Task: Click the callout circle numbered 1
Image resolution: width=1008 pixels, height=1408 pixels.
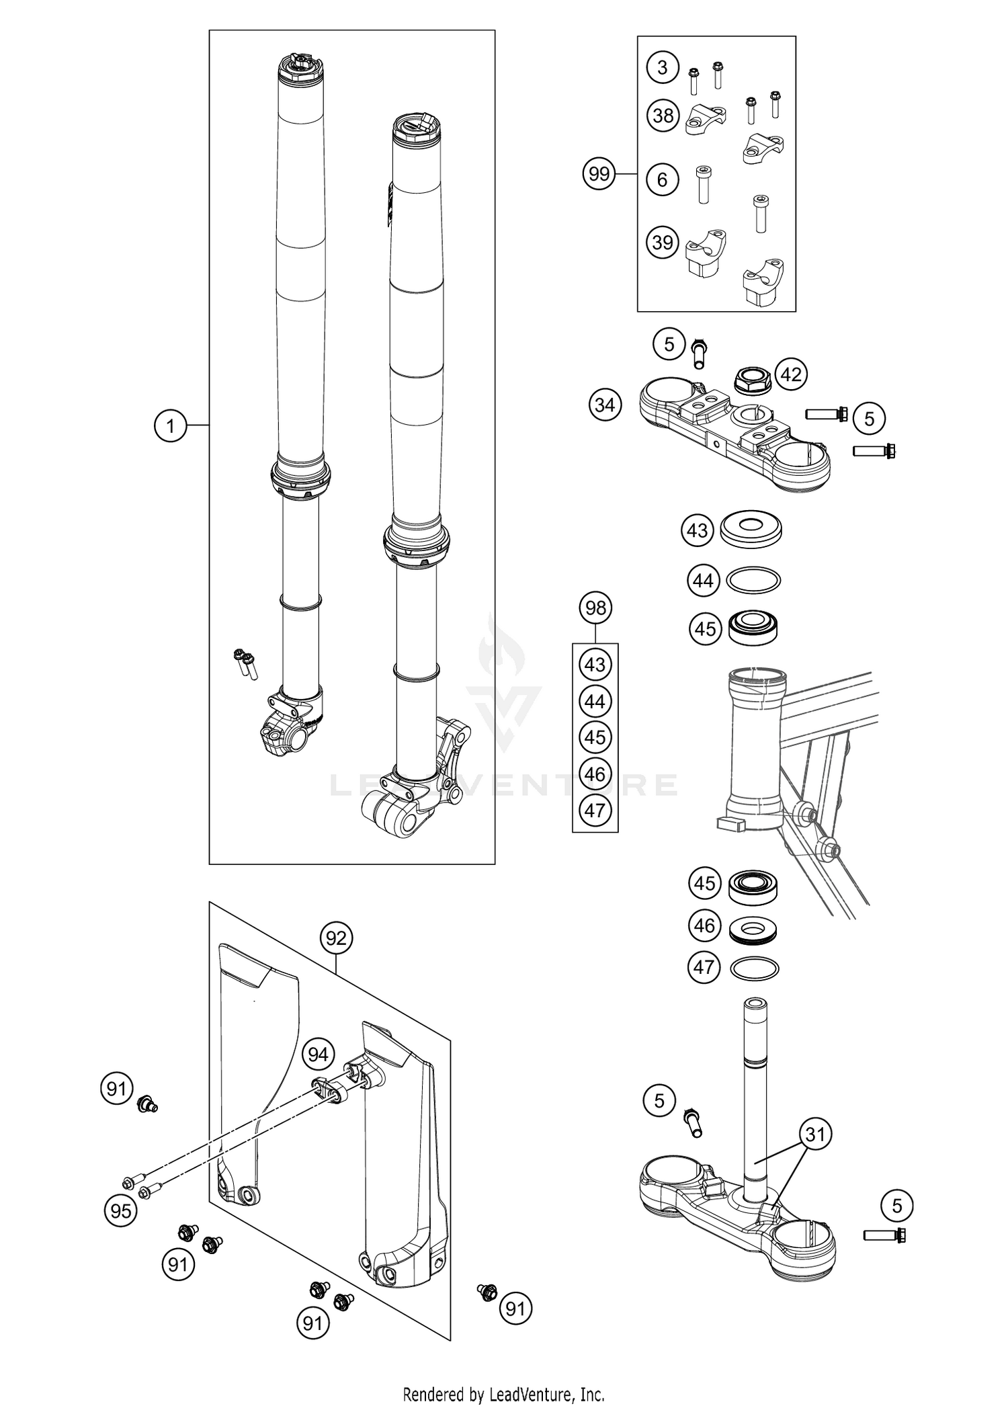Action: click(x=171, y=425)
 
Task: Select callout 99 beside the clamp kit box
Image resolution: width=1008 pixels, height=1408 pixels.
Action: click(x=599, y=175)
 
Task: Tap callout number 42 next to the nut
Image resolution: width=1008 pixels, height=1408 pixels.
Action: click(x=791, y=374)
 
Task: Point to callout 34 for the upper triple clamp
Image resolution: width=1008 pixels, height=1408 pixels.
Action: click(x=605, y=405)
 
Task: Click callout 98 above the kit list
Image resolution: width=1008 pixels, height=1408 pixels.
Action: click(x=595, y=608)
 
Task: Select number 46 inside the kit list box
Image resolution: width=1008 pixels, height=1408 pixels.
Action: click(x=595, y=774)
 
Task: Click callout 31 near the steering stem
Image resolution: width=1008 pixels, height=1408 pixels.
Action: click(x=815, y=1134)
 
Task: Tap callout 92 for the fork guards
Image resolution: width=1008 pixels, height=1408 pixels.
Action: click(x=336, y=938)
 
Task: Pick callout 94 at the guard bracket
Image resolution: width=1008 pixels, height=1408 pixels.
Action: click(x=318, y=1054)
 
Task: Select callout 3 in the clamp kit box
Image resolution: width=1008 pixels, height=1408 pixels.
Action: click(x=663, y=67)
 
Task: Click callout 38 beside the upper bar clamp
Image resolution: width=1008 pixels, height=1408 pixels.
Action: click(x=663, y=116)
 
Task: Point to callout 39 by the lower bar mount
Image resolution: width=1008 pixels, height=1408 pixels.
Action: click(x=663, y=242)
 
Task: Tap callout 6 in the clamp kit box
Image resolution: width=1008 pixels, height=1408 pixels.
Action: click(x=663, y=179)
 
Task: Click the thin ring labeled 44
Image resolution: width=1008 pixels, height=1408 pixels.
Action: click(x=754, y=581)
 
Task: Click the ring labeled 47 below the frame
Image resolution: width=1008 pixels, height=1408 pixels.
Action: click(x=754, y=969)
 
